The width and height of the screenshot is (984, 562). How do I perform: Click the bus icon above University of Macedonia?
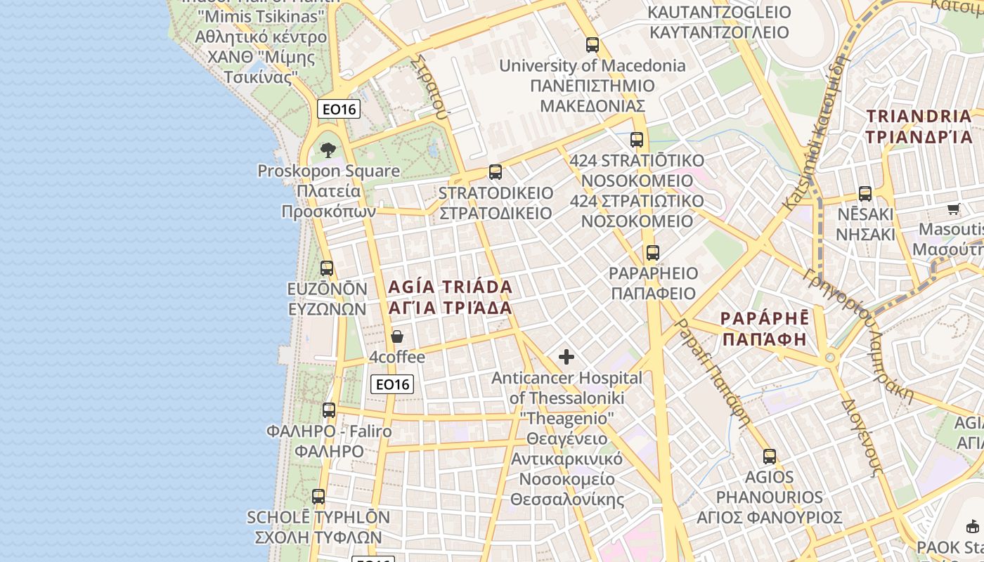pyautogui.click(x=593, y=45)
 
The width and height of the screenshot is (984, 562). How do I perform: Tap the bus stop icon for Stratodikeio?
pyautogui.click(x=496, y=172)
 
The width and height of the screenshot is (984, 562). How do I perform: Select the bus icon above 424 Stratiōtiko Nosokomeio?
pyautogui.click(x=637, y=140)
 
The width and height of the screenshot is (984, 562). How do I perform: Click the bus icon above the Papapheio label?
pyautogui.click(x=653, y=253)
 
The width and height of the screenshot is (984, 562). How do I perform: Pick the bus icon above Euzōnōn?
pyautogui.click(x=327, y=268)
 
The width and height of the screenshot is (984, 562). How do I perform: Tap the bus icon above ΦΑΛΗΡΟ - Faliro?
pyautogui.click(x=329, y=410)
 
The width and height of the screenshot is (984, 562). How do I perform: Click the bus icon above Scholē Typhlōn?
pyautogui.click(x=318, y=497)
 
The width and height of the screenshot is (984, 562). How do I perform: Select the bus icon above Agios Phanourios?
pyautogui.click(x=770, y=457)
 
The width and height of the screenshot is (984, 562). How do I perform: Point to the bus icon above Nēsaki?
pyautogui.click(x=865, y=194)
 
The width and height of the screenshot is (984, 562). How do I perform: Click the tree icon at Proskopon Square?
pyautogui.click(x=328, y=150)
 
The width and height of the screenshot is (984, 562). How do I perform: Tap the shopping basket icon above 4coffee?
pyautogui.click(x=397, y=337)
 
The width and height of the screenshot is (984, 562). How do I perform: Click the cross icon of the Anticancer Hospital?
pyautogui.click(x=567, y=357)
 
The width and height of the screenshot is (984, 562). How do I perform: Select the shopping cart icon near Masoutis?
pyautogui.click(x=954, y=209)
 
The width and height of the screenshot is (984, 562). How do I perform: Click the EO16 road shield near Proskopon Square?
pyautogui.click(x=339, y=109)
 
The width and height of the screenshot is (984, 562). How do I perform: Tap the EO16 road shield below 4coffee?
pyautogui.click(x=392, y=384)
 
